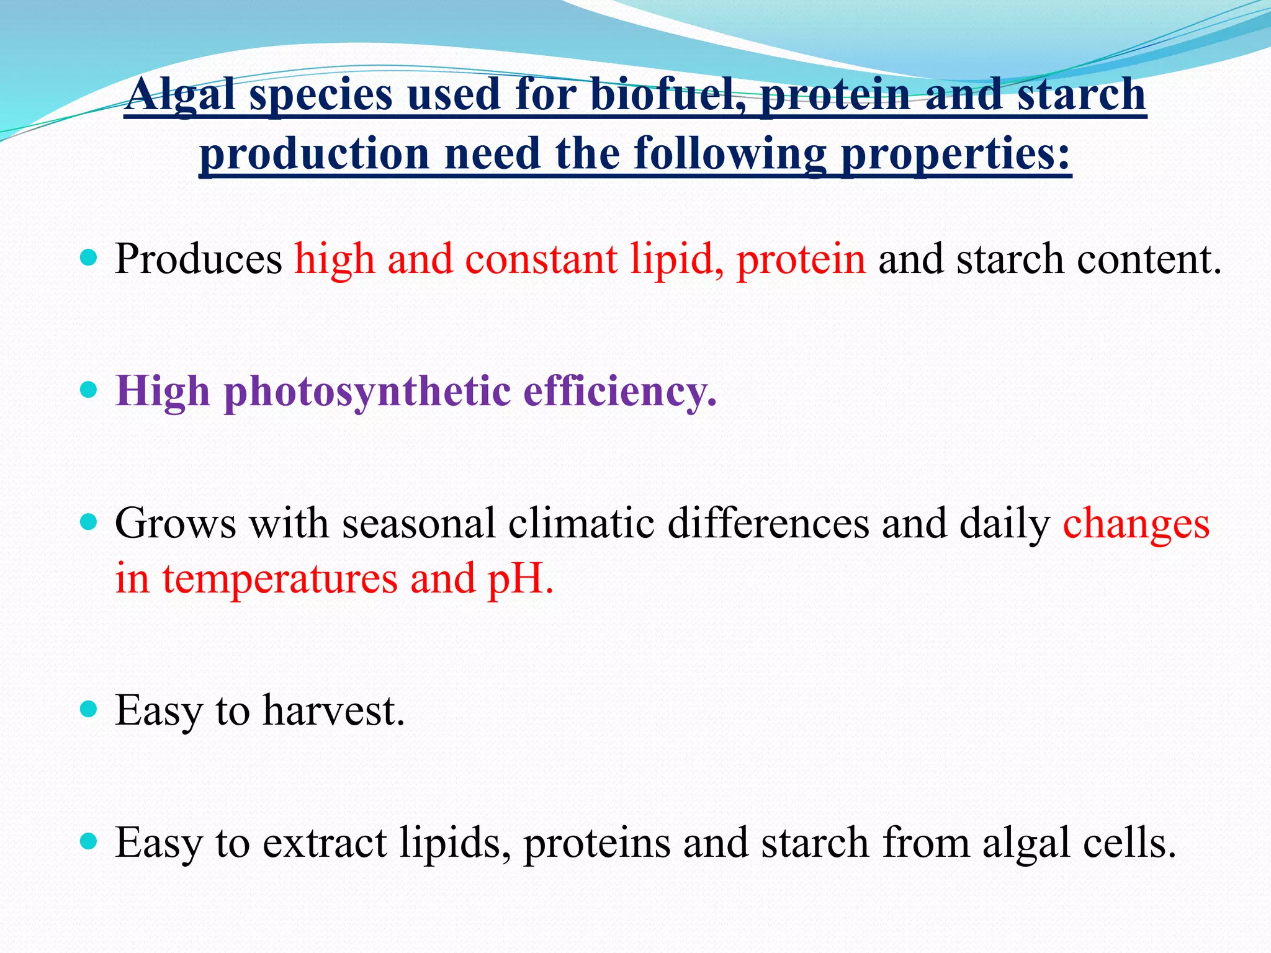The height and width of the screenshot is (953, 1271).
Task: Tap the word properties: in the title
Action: point(956,153)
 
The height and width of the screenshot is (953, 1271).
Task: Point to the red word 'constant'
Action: point(541,259)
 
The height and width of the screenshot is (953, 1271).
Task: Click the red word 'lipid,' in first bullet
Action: point(676,259)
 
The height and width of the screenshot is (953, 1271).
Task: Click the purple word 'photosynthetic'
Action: point(367,392)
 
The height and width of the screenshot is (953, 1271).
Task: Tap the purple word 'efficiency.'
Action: point(620,392)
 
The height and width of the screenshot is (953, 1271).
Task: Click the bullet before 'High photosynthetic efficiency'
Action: point(89,390)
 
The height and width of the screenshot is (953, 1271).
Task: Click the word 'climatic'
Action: point(582,523)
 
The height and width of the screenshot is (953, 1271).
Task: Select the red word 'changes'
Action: point(1136,523)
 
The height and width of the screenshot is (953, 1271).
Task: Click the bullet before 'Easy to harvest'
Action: point(89,709)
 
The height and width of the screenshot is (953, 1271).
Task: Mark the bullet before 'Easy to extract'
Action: point(89,841)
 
